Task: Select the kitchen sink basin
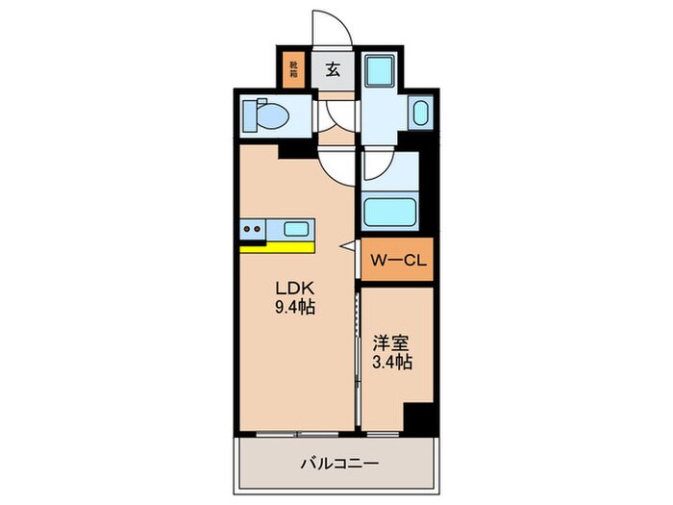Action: point(296,229)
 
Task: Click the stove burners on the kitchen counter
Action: point(254,229)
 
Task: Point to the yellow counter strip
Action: point(276,246)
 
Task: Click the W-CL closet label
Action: point(396,261)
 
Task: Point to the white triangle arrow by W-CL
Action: point(351,248)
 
